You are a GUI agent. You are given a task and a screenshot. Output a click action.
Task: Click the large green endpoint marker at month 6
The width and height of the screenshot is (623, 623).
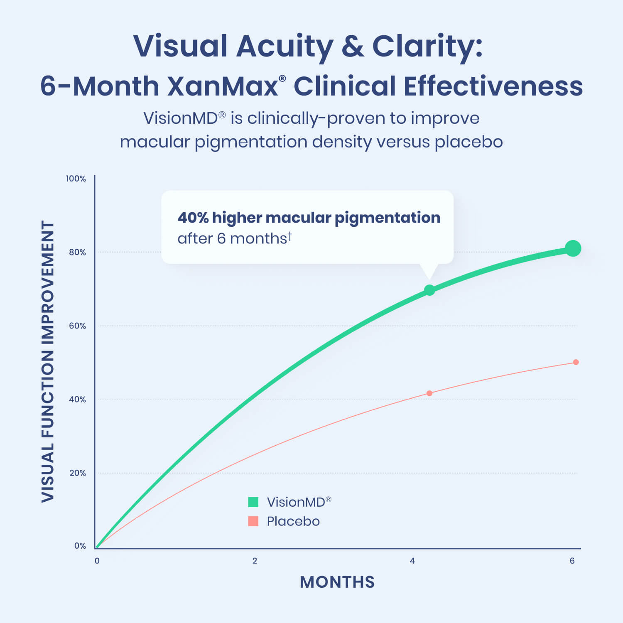(x=573, y=248)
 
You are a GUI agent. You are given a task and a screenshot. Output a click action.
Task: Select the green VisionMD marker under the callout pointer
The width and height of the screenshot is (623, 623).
(x=429, y=290)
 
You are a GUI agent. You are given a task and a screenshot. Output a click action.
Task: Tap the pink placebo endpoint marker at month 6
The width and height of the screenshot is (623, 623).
(x=576, y=362)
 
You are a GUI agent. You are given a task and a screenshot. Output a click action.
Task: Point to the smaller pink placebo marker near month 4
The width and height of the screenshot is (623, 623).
(x=429, y=393)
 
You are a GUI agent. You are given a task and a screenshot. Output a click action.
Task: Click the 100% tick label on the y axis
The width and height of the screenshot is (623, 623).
(x=76, y=179)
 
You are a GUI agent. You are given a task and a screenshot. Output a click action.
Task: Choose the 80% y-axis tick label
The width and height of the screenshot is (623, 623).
(x=77, y=252)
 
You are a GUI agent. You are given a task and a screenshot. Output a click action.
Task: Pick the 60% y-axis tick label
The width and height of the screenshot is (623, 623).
(x=77, y=326)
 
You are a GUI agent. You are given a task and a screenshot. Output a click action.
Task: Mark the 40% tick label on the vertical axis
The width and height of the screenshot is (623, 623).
(x=77, y=400)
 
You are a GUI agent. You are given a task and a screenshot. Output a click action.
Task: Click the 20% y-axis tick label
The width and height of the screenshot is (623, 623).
(x=77, y=473)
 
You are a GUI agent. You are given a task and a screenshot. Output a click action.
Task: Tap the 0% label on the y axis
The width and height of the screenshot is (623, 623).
(x=80, y=546)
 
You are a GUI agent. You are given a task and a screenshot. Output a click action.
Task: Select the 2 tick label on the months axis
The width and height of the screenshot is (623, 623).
(x=255, y=561)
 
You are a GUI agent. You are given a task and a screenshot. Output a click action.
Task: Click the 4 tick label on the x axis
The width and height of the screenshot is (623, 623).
(x=412, y=561)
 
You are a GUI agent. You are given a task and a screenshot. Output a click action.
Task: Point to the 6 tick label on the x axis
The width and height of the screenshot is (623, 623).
(x=572, y=561)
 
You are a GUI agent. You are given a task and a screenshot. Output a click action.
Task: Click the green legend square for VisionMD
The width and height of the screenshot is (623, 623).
(x=253, y=502)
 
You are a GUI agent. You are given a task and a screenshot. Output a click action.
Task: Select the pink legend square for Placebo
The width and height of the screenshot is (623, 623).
(x=253, y=521)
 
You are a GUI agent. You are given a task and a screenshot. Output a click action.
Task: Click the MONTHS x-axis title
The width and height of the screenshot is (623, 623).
(x=337, y=582)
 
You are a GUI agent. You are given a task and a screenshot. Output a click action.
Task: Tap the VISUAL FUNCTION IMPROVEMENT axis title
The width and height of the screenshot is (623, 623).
(x=48, y=361)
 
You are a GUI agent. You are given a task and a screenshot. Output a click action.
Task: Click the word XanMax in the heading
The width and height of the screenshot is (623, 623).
(x=223, y=86)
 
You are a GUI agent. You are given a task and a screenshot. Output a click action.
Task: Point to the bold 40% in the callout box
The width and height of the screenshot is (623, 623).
(x=193, y=218)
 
